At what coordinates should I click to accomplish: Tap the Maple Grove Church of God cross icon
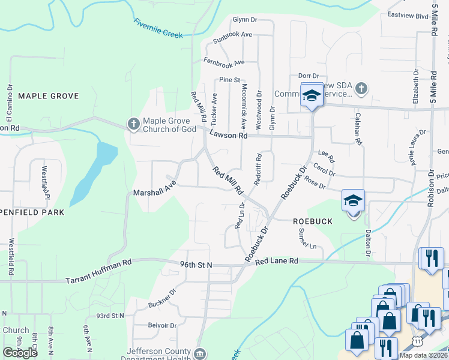click(x=133, y=124)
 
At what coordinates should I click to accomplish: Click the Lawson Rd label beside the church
click(x=228, y=136)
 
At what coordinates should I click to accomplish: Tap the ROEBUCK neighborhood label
click(x=312, y=221)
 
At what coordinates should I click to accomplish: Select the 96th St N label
click(x=196, y=264)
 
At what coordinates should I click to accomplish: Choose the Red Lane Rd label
click(x=277, y=262)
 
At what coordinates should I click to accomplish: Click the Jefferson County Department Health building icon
click(x=200, y=353)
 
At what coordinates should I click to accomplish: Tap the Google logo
click(x=20, y=353)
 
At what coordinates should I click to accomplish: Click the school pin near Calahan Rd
click(x=312, y=95)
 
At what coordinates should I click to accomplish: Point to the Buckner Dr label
click(x=163, y=299)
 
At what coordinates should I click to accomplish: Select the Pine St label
click(x=229, y=79)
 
